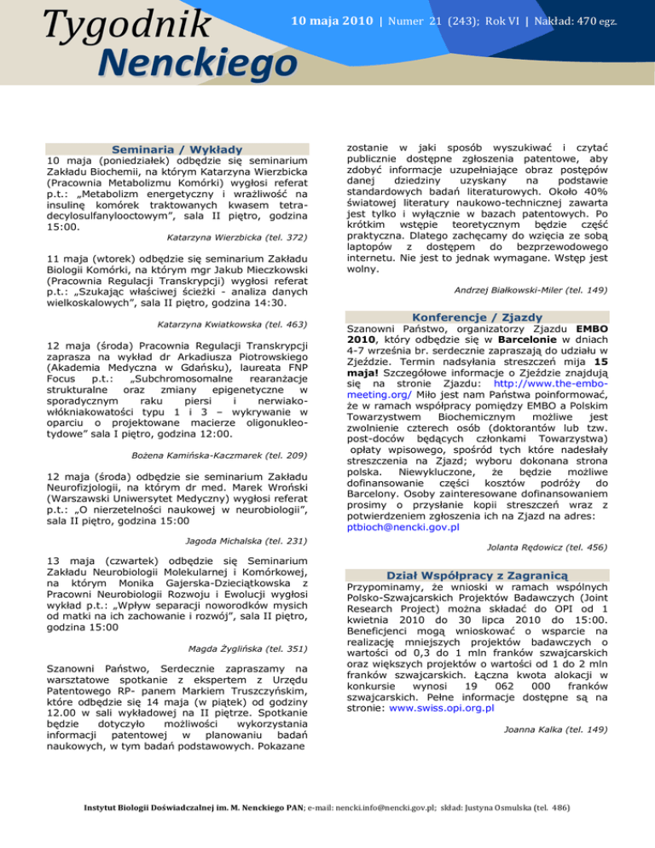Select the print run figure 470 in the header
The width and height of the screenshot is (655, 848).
(588, 20)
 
